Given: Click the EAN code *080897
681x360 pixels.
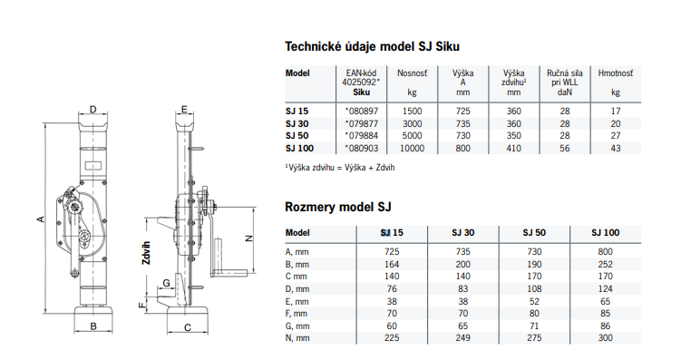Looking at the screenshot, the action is tap(361, 112).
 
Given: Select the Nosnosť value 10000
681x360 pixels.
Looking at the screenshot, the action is tap(412, 149).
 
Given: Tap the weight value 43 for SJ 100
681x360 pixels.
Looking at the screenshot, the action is tap(616, 149).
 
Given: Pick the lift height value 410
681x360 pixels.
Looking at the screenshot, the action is tap(513, 149).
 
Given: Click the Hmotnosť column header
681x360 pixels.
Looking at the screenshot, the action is tap(616, 73).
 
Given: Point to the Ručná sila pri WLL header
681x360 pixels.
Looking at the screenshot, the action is tap(565, 83).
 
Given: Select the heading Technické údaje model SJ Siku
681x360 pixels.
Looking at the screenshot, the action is tap(372, 46).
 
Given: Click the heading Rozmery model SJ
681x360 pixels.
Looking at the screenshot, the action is tap(338, 207).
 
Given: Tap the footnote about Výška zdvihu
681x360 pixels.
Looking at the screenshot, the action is tap(340, 168).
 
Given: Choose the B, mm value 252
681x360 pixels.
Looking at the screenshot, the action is tap(605, 265).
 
